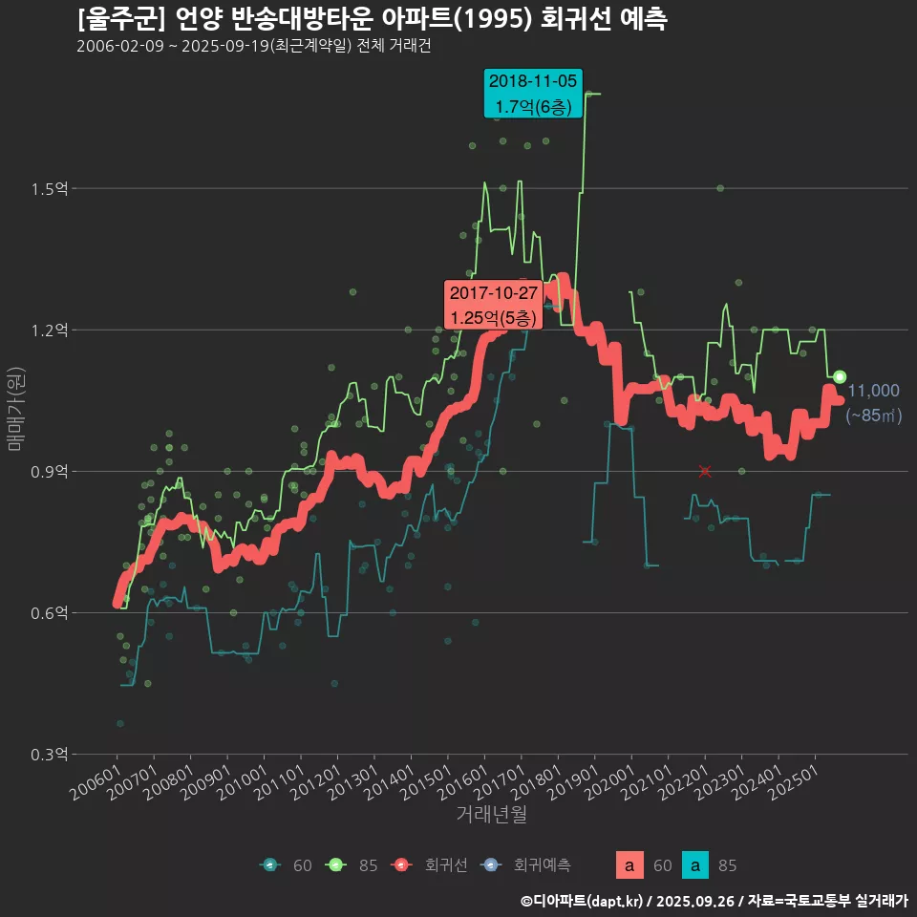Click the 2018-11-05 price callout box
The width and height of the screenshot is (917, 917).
(533, 94)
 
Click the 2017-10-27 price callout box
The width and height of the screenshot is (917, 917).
(495, 304)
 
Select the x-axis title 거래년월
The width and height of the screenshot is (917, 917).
(491, 815)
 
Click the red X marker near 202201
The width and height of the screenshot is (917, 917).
(705, 472)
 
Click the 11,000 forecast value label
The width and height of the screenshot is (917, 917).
(873, 391)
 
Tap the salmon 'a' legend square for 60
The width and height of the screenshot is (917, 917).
(628, 865)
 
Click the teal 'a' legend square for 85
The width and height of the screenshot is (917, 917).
(696, 865)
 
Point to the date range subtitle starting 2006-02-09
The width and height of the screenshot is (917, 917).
(253, 46)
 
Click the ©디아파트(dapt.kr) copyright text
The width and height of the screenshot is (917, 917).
(583, 900)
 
